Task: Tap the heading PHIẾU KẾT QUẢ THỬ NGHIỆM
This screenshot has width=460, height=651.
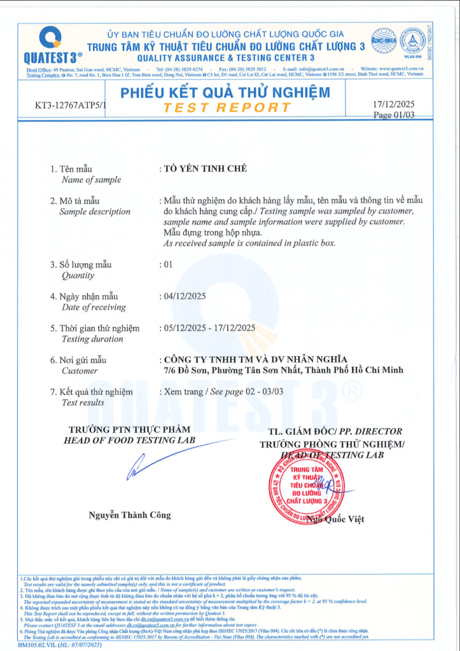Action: click(x=225, y=93)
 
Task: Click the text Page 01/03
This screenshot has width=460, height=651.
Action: click(x=394, y=115)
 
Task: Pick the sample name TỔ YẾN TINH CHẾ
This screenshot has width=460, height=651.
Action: click(x=201, y=168)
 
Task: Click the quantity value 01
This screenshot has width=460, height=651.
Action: click(x=168, y=264)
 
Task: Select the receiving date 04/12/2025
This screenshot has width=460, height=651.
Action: click(x=185, y=296)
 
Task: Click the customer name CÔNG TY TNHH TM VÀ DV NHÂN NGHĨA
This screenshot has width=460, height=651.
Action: click(x=256, y=359)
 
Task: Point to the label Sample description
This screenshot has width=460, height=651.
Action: click(x=95, y=212)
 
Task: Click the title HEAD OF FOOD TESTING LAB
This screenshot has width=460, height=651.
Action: click(x=130, y=441)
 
